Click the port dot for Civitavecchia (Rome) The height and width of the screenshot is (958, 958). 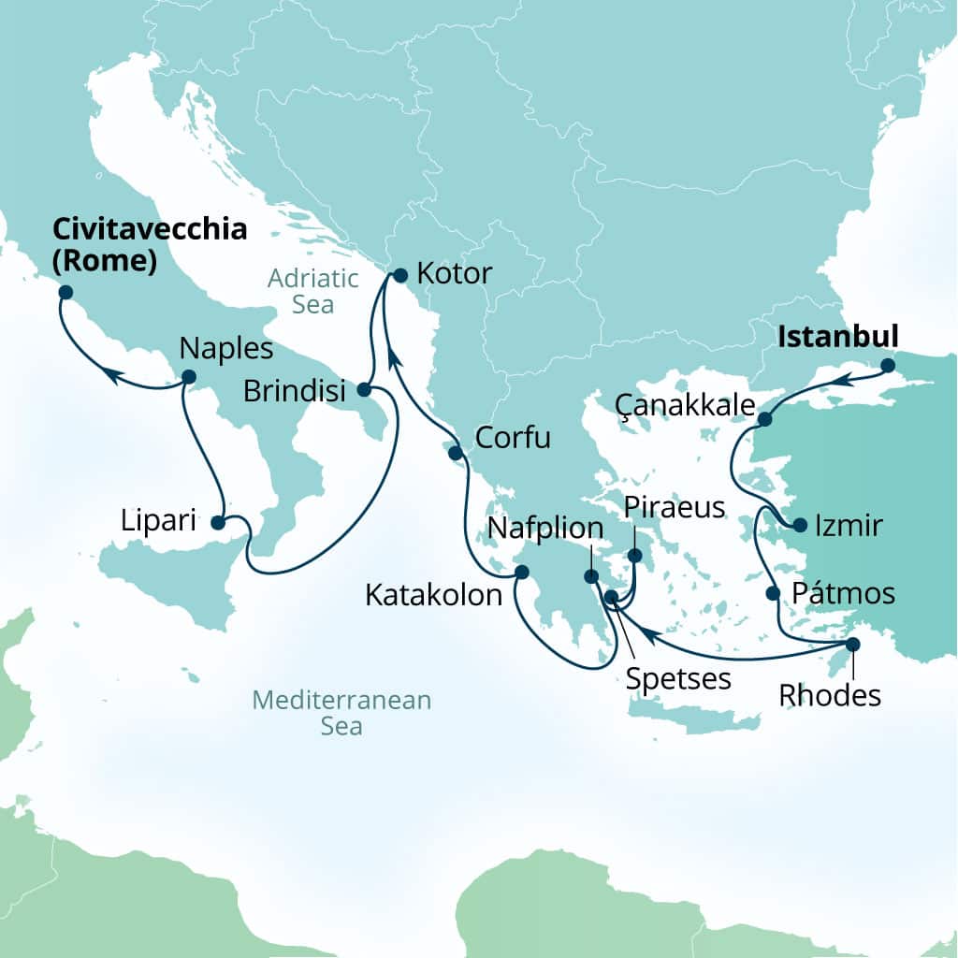pyautogui.click(x=65, y=292)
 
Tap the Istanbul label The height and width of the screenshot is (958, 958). pyautogui.click(x=838, y=336)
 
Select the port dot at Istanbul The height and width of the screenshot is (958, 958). pyautogui.click(x=888, y=365)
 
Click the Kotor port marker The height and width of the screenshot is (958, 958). pyautogui.click(x=399, y=275)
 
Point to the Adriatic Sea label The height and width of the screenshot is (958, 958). pyautogui.click(x=313, y=290)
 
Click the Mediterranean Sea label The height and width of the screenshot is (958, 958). pyautogui.click(x=341, y=712)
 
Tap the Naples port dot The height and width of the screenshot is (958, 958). pyautogui.click(x=188, y=377)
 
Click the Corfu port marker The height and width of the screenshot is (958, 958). pyautogui.click(x=456, y=454)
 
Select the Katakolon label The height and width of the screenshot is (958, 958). pyautogui.click(x=434, y=595)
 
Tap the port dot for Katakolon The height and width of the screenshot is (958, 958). pyautogui.click(x=522, y=572)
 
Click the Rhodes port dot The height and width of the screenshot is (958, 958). pyautogui.click(x=852, y=645)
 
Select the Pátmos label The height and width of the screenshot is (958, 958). pyautogui.click(x=843, y=592)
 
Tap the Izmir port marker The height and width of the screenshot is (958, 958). pyautogui.click(x=800, y=526)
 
